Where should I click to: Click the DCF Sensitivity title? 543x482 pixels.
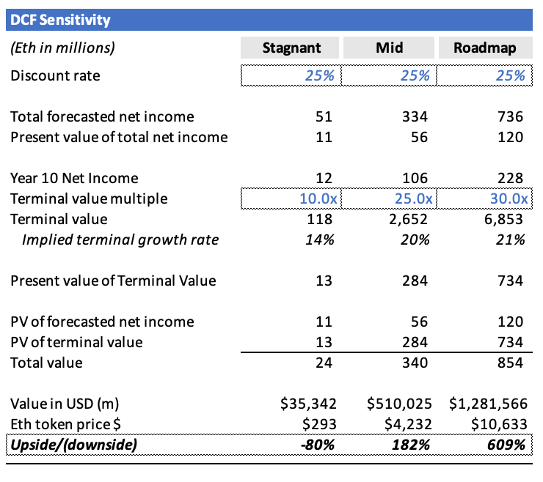pyautogui.click(x=60, y=20)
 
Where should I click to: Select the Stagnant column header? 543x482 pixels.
pyautogui.click(x=291, y=48)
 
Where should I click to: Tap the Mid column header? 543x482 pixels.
pyautogui.click(x=390, y=48)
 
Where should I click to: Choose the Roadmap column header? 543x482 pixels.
pyautogui.click(x=485, y=48)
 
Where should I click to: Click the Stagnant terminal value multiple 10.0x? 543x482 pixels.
pyautogui.click(x=318, y=199)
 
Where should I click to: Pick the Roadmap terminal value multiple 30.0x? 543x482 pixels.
pyautogui.click(x=509, y=199)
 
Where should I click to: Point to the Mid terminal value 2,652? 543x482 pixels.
pyautogui.click(x=408, y=219)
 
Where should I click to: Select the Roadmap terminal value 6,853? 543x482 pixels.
pyautogui.click(x=503, y=219)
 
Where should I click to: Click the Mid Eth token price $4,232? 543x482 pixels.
pyautogui.click(x=408, y=424)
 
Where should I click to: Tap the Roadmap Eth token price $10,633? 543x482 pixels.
pyautogui.click(x=499, y=424)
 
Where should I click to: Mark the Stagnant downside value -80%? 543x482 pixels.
pyautogui.click(x=318, y=445)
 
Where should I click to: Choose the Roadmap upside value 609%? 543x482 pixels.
pyautogui.click(x=506, y=445)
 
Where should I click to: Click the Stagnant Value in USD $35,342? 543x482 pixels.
pyautogui.click(x=308, y=404)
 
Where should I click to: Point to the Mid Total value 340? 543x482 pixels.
pyautogui.click(x=415, y=363)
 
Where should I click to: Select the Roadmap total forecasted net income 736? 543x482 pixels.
pyautogui.click(x=511, y=116)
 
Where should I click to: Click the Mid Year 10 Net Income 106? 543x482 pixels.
pyautogui.click(x=415, y=178)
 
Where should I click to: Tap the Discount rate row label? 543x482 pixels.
pyautogui.click(x=56, y=75)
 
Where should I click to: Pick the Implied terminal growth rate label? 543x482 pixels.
pyautogui.click(x=120, y=240)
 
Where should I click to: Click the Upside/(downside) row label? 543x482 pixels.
pyautogui.click(x=74, y=445)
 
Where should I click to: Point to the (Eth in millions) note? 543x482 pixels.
pyautogui.click(x=62, y=48)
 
